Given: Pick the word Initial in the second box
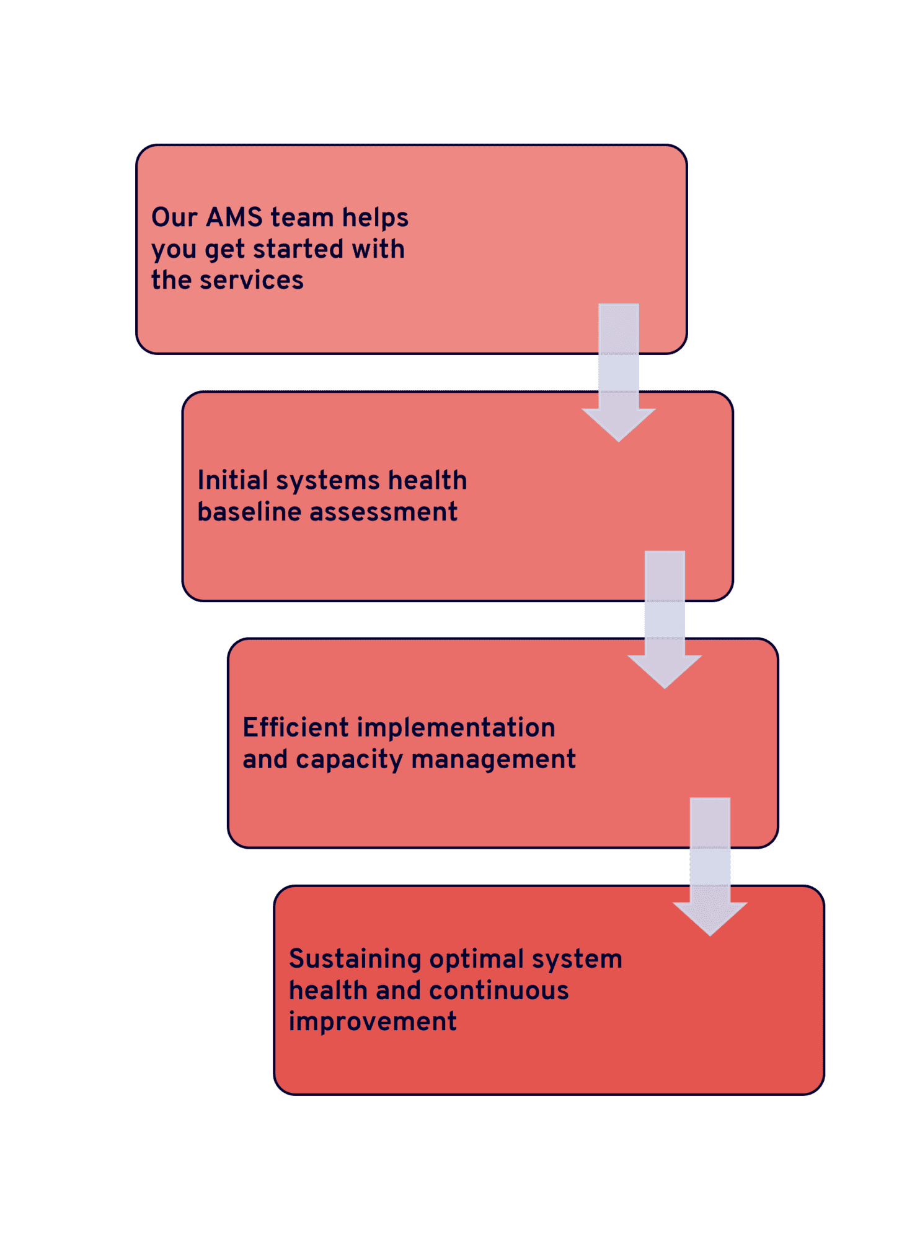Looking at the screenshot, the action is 233,480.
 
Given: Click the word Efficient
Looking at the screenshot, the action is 296,727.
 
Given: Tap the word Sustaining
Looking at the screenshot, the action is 355,960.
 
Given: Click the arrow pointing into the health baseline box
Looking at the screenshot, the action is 619,372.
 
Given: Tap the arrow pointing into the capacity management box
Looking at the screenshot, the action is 665,619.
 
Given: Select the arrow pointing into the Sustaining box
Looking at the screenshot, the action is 710,867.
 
